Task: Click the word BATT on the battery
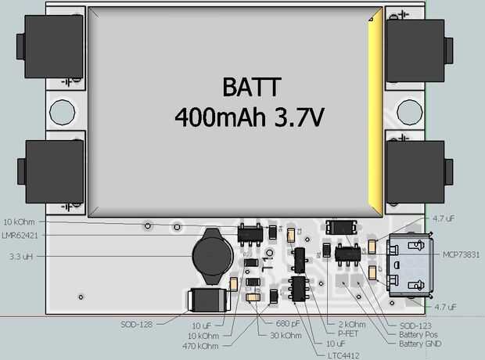(252, 87)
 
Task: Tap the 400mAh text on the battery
(220, 117)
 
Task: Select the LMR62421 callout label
(20, 236)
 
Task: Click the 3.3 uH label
(21, 257)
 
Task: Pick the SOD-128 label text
(136, 325)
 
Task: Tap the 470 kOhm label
(200, 346)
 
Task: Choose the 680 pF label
(288, 323)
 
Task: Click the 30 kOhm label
(286, 335)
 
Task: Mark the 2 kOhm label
(352, 325)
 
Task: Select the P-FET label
(347, 333)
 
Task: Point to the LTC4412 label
(343, 355)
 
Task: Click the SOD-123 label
(415, 326)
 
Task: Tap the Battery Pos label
(419, 335)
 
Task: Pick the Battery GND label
(420, 344)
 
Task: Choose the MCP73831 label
(461, 255)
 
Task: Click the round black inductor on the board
(212, 256)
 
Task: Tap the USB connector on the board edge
(410, 266)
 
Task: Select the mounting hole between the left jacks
(62, 112)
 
